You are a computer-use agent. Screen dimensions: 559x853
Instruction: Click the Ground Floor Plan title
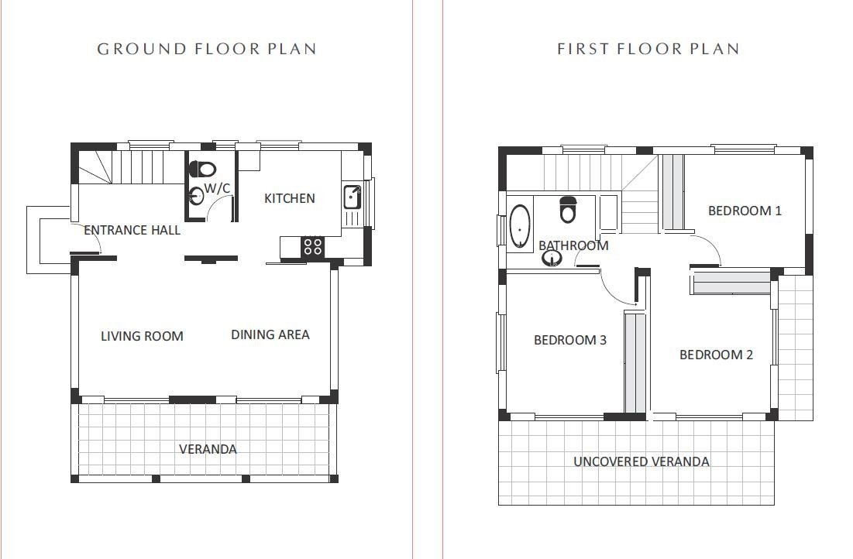click(x=206, y=49)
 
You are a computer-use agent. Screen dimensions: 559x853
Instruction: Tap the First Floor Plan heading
click(x=648, y=49)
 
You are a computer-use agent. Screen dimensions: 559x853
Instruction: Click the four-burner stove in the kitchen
click(x=313, y=246)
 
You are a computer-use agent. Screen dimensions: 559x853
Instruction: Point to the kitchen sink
click(x=351, y=197)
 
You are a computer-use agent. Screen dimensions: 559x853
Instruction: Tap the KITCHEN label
click(x=290, y=198)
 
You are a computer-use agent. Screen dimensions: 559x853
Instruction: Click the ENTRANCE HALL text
click(x=132, y=230)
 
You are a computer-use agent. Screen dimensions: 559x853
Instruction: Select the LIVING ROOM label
click(x=142, y=336)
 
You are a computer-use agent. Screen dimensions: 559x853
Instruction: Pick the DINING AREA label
click(x=270, y=334)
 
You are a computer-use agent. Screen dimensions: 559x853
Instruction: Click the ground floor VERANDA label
click(x=208, y=449)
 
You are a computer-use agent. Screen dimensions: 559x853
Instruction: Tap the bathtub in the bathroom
click(x=519, y=226)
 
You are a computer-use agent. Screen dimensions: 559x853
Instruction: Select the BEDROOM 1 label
click(x=745, y=211)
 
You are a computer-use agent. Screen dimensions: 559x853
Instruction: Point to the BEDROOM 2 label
click(x=716, y=355)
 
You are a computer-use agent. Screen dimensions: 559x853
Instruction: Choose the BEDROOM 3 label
click(x=569, y=340)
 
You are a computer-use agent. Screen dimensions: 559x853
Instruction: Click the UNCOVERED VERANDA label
click(x=641, y=461)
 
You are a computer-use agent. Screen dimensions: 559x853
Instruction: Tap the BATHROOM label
click(x=573, y=245)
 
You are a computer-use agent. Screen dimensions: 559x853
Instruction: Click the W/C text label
click(x=217, y=188)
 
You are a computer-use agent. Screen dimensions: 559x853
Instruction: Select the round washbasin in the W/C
click(x=196, y=196)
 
